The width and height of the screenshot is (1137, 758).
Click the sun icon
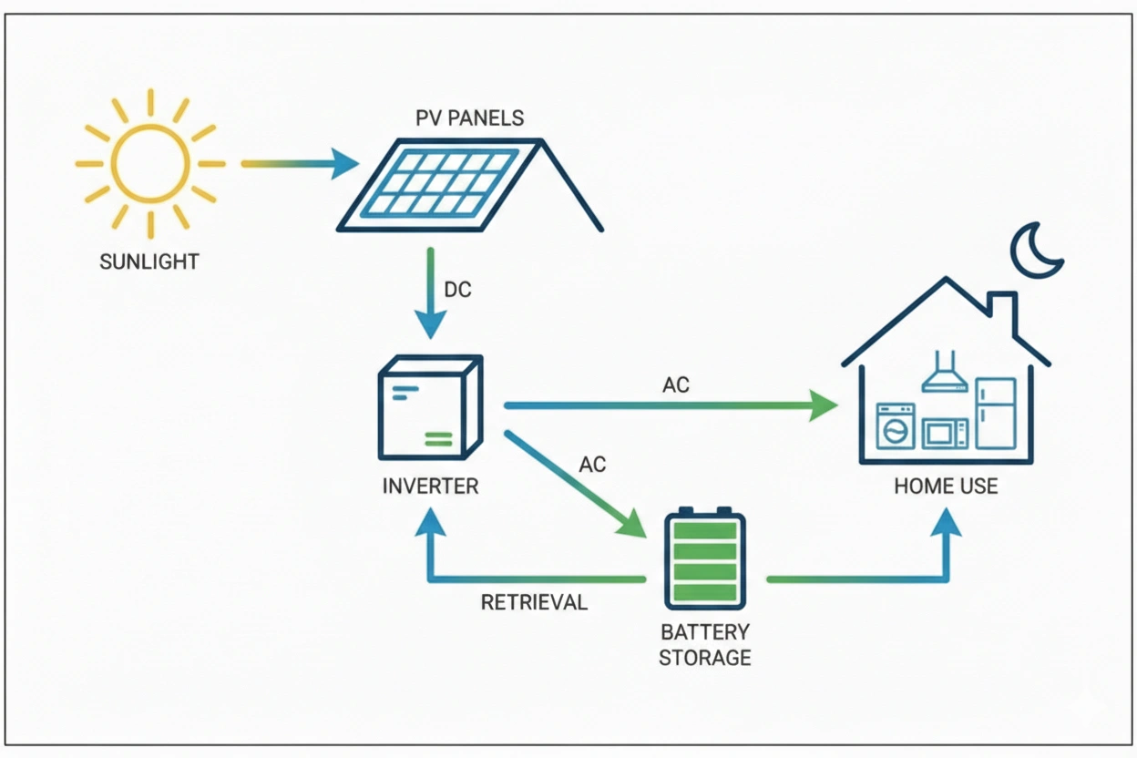click(150, 164)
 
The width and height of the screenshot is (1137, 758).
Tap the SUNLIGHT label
click(149, 262)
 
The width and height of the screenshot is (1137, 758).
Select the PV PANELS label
click(470, 118)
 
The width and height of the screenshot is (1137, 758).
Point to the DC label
click(457, 290)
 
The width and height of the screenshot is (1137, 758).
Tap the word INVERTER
click(430, 486)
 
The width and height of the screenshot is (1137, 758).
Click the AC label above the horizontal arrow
click(675, 385)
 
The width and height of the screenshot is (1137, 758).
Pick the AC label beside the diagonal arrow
click(592, 465)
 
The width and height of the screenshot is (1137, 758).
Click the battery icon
click(704, 558)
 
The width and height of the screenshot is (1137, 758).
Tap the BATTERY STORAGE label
click(705, 644)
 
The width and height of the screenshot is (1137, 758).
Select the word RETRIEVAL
click(534, 602)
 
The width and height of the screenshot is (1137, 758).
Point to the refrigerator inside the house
click(995, 414)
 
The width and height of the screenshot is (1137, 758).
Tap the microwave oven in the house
click(945, 433)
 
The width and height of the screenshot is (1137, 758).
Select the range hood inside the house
click(944, 374)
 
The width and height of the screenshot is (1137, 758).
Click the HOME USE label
click(946, 486)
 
